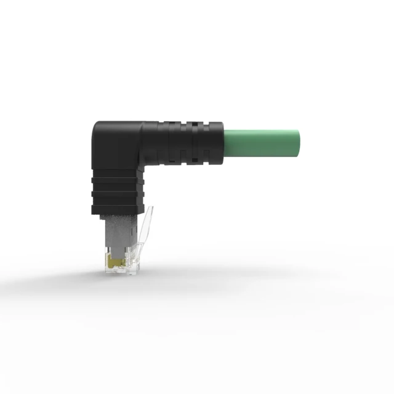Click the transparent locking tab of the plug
tap(143, 234)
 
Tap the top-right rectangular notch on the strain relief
tap(196, 127)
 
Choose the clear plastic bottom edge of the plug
tap(123, 273)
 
